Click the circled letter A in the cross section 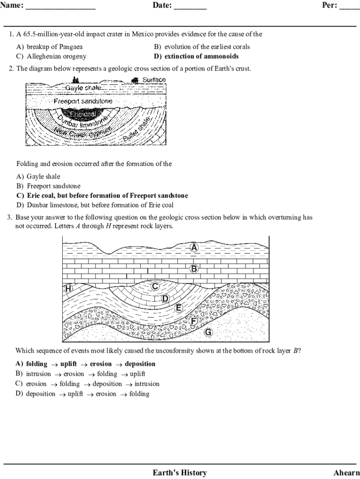point(194,247)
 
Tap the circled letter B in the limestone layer point(194,269)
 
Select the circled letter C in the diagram point(155,286)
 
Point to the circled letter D point(165,298)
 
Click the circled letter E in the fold point(178,308)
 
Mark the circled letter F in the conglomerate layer point(193,321)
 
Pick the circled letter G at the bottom point(208,333)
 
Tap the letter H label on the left point(68,289)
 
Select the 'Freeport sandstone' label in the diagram point(83,101)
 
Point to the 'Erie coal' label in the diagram point(83,114)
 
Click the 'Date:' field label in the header point(162,6)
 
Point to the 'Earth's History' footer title point(180,472)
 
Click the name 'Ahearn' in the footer point(346,472)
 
